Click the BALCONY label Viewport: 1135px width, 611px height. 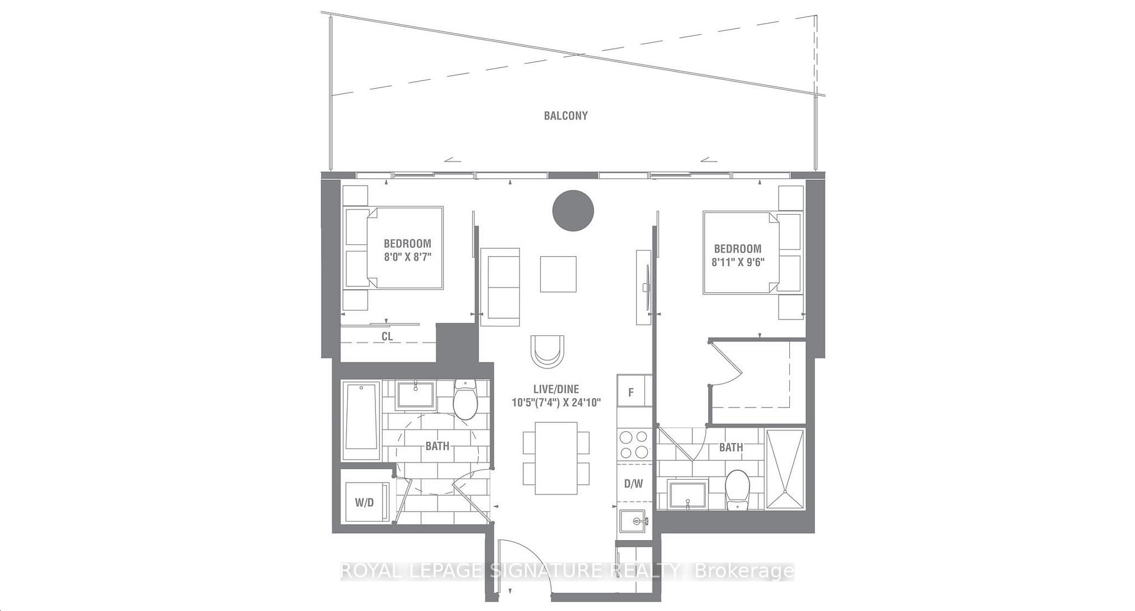566,116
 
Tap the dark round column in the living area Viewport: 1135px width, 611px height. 573,211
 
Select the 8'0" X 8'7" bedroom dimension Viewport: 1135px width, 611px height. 407,257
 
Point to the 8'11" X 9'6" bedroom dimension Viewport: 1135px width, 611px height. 738,262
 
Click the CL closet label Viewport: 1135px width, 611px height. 387,337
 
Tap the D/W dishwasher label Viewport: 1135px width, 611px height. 633,484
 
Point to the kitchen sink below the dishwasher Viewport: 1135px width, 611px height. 634,522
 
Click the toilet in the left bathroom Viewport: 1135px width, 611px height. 465,399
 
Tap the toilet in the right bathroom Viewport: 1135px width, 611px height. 737,489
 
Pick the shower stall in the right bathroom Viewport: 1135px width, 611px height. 786,469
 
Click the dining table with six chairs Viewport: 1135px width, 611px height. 556,458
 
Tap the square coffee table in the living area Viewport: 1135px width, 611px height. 558,274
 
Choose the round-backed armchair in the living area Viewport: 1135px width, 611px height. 547,351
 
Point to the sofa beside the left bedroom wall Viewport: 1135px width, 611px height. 500,287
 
